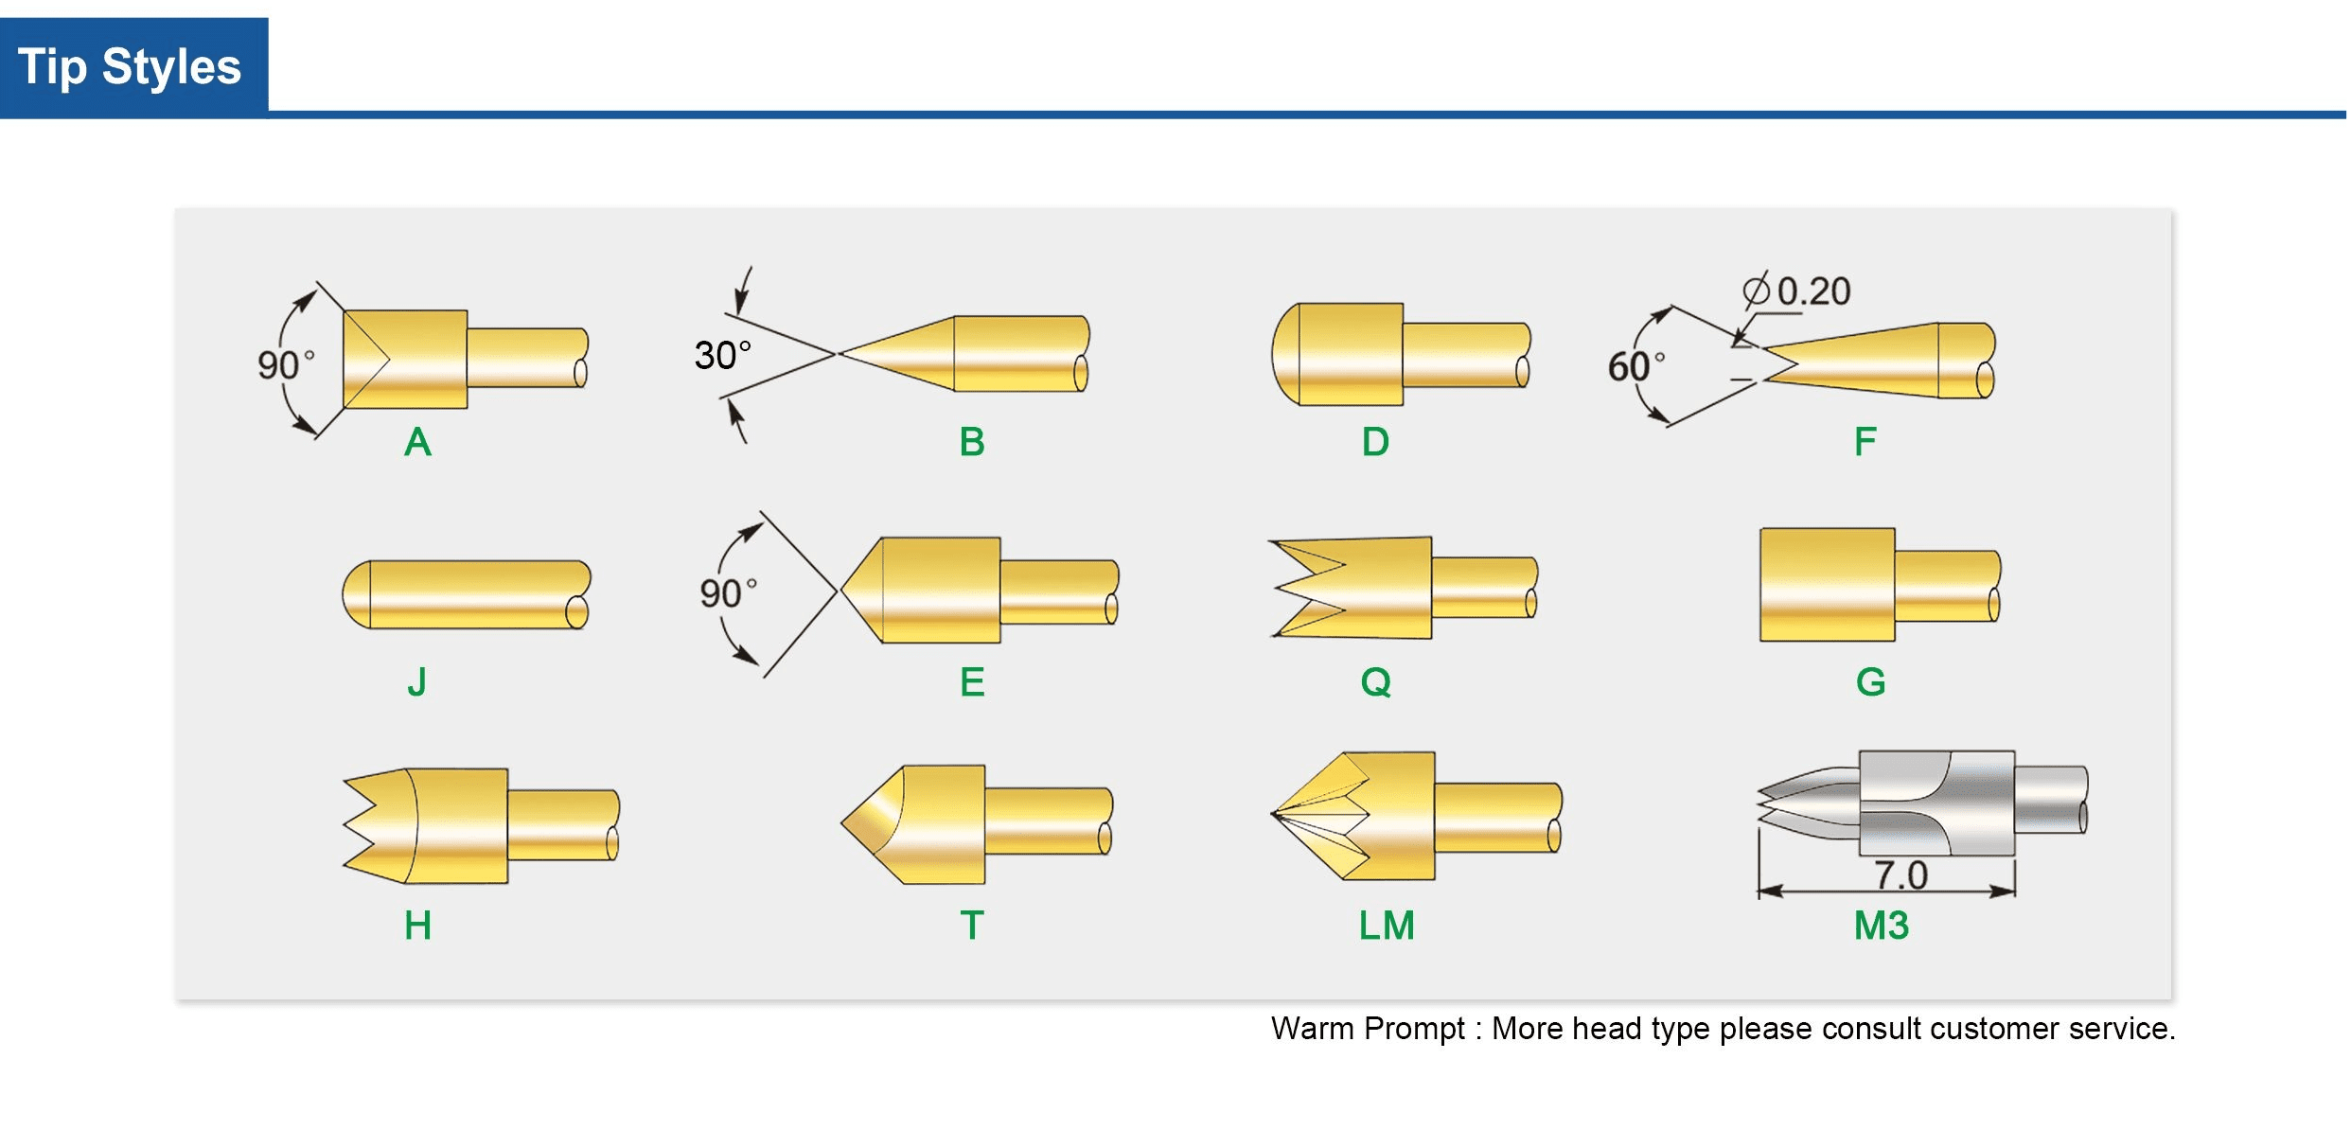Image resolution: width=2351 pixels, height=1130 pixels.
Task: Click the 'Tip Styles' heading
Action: coord(130,67)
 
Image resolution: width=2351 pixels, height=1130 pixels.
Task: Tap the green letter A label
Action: coord(417,442)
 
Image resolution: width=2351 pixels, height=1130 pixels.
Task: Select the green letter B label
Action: coord(972,442)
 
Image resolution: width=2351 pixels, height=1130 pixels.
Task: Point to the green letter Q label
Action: coord(1376,681)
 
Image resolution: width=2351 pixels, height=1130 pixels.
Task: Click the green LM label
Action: coord(1387,925)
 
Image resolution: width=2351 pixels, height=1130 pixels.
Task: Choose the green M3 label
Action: coord(1881,925)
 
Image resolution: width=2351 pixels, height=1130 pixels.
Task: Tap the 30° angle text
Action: coord(722,356)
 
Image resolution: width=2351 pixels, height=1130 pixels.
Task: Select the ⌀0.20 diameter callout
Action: coord(1797,291)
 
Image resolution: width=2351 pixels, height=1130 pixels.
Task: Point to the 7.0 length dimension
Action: coord(1900,875)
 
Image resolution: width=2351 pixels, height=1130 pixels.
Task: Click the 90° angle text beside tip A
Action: coord(285,364)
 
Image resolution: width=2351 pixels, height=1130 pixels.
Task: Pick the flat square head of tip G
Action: coord(1827,585)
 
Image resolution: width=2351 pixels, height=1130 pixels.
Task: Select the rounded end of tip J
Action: coord(354,594)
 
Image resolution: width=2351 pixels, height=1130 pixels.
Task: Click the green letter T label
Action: coord(972,925)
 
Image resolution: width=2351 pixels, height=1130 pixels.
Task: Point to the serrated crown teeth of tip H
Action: coord(364,825)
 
